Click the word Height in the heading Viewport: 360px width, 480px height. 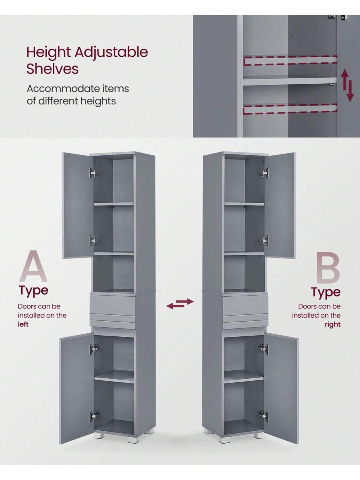click(x=48, y=52)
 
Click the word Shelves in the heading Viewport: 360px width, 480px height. click(x=52, y=69)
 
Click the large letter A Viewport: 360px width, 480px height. click(x=33, y=266)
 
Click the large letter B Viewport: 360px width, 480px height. click(x=328, y=268)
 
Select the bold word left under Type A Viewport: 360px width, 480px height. click(x=23, y=324)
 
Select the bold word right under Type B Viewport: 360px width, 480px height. click(x=332, y=324)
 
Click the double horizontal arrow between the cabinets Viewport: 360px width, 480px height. click(x=180, y=304)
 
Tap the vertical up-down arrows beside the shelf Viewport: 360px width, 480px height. click(x=347, y=85)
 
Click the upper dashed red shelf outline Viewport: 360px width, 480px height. click(x=290, y=60)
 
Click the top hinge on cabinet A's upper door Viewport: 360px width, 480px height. click(x=94, y=173)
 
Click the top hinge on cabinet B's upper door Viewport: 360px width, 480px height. click(x=264, y=173)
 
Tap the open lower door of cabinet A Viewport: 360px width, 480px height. click(x=76, y=388)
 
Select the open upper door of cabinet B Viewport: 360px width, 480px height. click(x=280, y=204)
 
